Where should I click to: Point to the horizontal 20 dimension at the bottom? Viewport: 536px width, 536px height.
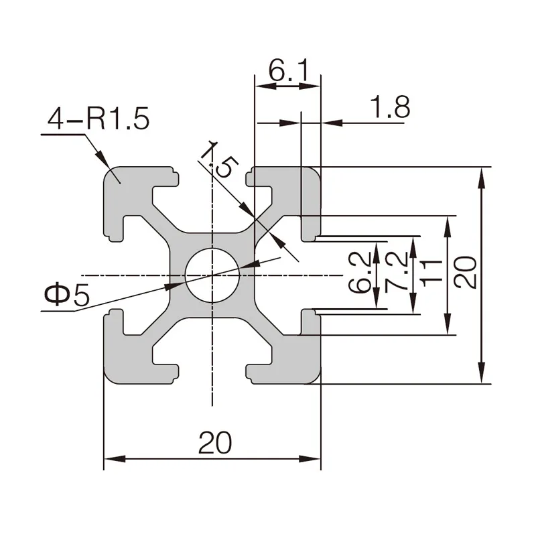[x=214, y=443]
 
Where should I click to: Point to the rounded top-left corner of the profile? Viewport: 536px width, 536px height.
[x=109, y=173]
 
